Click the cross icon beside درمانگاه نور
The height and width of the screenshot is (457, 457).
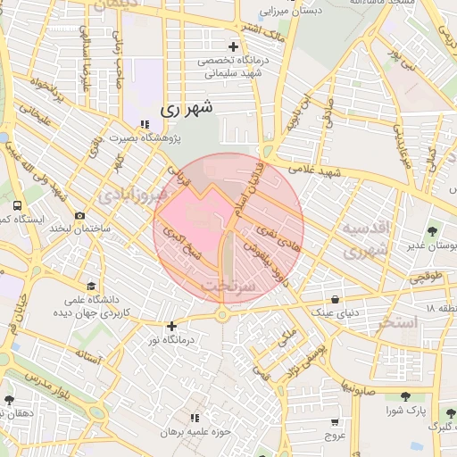pyautogui.click(x=172, y=327)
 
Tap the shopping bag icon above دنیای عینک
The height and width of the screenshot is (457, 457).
pyautogui.click(x=335, y=300)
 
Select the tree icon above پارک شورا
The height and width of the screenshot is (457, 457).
pyautogui.click(x=406, y=396)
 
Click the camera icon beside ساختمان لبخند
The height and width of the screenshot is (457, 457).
pyautogui.click(x=80, y=215)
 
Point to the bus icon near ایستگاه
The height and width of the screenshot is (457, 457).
pyautogui.click(x=18, y=205)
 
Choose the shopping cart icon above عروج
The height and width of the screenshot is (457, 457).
pyautogui.click(x=335, y=422)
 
